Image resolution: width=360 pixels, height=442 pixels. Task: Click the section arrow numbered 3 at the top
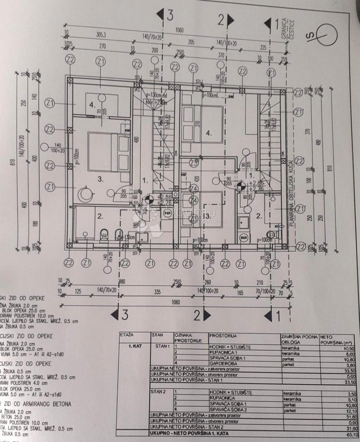pyautogui.click(x=164, y=16)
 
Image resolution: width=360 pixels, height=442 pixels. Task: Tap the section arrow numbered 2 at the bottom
pyautogui.click(x=200, y=315)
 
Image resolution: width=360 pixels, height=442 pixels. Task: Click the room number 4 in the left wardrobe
pyautogui.click(x=92, y=104)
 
